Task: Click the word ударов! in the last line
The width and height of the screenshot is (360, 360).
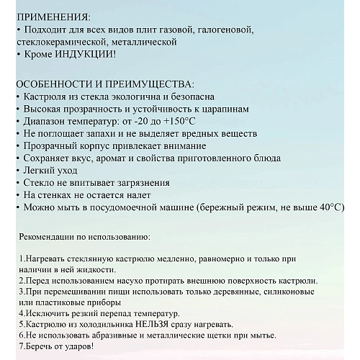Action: tap(76, 348)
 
